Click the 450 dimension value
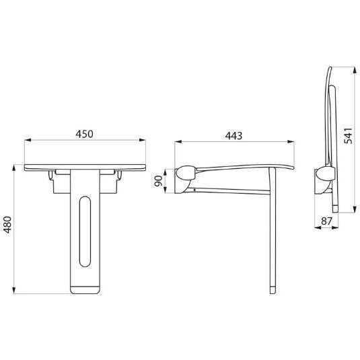click(85, 134)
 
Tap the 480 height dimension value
click(7, 225)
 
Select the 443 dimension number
click(233, 136)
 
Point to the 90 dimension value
click(158, 181)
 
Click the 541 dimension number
click(348, 136)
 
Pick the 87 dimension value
click(326, 221)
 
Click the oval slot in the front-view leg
click(85, 231)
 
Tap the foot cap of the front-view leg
click(85, 290)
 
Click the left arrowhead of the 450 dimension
click(28, 140)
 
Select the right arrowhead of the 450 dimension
click(142, 140)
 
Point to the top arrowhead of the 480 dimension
click(14, 168)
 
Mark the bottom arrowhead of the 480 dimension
click(14, 290)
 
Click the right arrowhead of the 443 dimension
click(291, 142)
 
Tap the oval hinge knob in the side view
click(186, 173)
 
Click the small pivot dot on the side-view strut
click(194, 190)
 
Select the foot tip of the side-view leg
click(273, 290)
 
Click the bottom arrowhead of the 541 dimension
click(355, 209)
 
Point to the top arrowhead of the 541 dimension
click(355, 70)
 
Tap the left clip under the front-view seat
click(50, 175)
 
